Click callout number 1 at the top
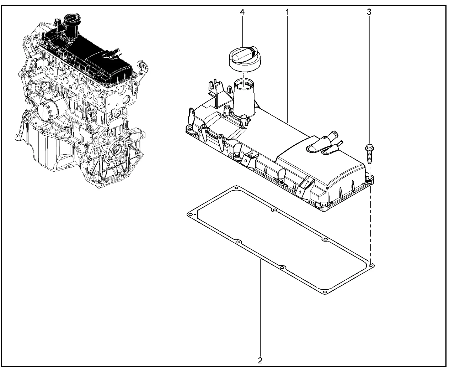[287, 12]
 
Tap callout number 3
[369, 12]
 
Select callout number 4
[242, 12]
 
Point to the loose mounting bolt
[369, 154]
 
